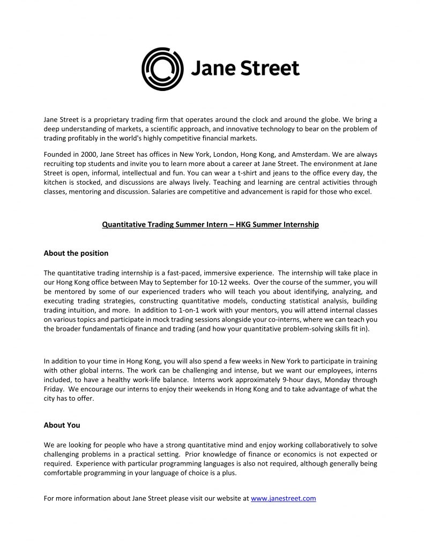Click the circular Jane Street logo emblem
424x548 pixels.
(162, 68)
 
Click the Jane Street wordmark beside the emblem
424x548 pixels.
(245, 69)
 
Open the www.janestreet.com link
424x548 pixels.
(283, 498)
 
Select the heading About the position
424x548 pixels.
(76, 253)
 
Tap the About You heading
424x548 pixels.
(62, 425)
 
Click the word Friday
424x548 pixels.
(55, 389)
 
